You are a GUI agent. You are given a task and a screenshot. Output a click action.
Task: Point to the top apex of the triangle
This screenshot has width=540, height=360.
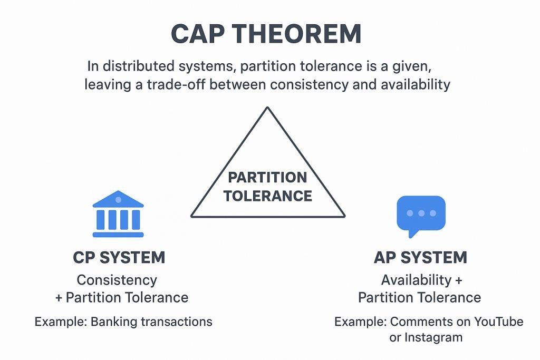click(x=268, y=108)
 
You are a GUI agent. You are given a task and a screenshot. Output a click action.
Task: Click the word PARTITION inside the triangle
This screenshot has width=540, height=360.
click(x=267, y=178)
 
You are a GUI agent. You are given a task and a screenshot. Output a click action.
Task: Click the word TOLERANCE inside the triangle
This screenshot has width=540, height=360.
click(x=267, y=197)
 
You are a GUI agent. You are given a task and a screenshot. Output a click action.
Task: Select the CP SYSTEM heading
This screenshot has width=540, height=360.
click(x=119, y=258)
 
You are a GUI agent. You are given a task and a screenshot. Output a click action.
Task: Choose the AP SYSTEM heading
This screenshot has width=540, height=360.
click(x=420, y=258)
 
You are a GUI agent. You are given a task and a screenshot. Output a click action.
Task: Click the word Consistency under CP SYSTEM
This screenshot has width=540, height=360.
click(x=117, y=280)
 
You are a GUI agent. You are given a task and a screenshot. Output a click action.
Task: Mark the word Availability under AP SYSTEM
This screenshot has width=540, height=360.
click(x=416, y=280)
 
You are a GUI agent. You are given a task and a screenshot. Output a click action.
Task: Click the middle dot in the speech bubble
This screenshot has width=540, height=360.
click(x=421, y=213)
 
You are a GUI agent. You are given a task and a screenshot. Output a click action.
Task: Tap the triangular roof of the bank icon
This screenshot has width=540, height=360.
click(x=118, y=200)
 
